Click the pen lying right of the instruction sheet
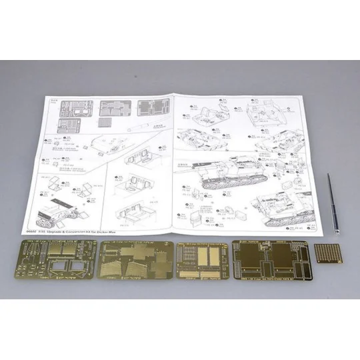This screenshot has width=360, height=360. (331, 203)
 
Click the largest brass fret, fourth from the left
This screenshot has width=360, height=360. (269, 263)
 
